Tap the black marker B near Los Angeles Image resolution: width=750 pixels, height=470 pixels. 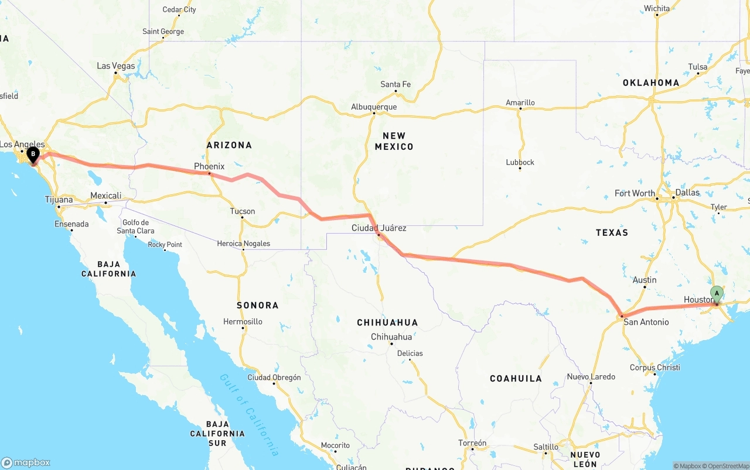pyautogui.click(x=33, y=155)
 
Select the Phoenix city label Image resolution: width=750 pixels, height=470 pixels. pyautogui.click(x=209, y=166)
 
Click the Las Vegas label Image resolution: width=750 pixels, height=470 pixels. pyautogui.click(x=115, y=66)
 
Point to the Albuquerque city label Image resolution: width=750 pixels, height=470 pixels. pyautogui.click(x=374, y=107)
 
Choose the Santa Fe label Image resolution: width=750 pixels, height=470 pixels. pyautogui.click(x=396, y=84)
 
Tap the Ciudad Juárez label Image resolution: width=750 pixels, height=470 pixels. pyautogui.click(x=379, y=228)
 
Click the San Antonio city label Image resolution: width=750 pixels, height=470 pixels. pyautogui.click(x=646, y=322)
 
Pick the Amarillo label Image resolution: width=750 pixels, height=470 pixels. pyautogui.click(x=520, y=102)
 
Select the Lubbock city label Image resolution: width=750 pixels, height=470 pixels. pyautogui.click(x=520, y=162)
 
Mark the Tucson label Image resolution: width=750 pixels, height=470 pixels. pyautogui.click(x=242, y=211)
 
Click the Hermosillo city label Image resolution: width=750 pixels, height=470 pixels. pyautogui.click(x=243, y=321)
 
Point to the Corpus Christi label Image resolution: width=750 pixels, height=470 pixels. pyautogui.click(x=655, y=368)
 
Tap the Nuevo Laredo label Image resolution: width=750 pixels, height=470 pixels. pyautogui.click(x=591, y=376)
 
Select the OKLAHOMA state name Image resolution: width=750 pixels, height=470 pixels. pyautogui.click(x=651, y=83)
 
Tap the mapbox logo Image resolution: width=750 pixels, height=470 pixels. pyautogui.click(x=26, y=462)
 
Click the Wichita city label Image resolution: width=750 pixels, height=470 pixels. pyautogui.click(x=656, y=9)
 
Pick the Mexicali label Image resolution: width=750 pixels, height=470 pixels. pyautogui.click(x=105, y=195)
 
